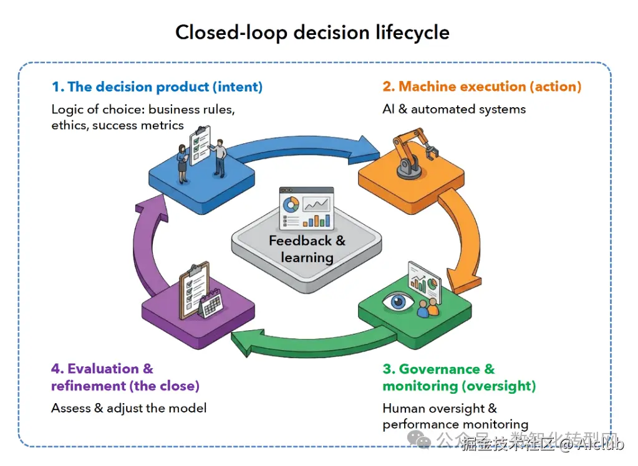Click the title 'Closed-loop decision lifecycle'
point(312,32)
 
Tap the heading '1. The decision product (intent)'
point(157,87)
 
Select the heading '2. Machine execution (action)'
point(481,87)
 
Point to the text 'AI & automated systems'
point(454,109)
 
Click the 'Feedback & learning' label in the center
point(307,249)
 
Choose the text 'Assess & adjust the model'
point(129,408)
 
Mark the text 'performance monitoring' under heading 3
point(455,424)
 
